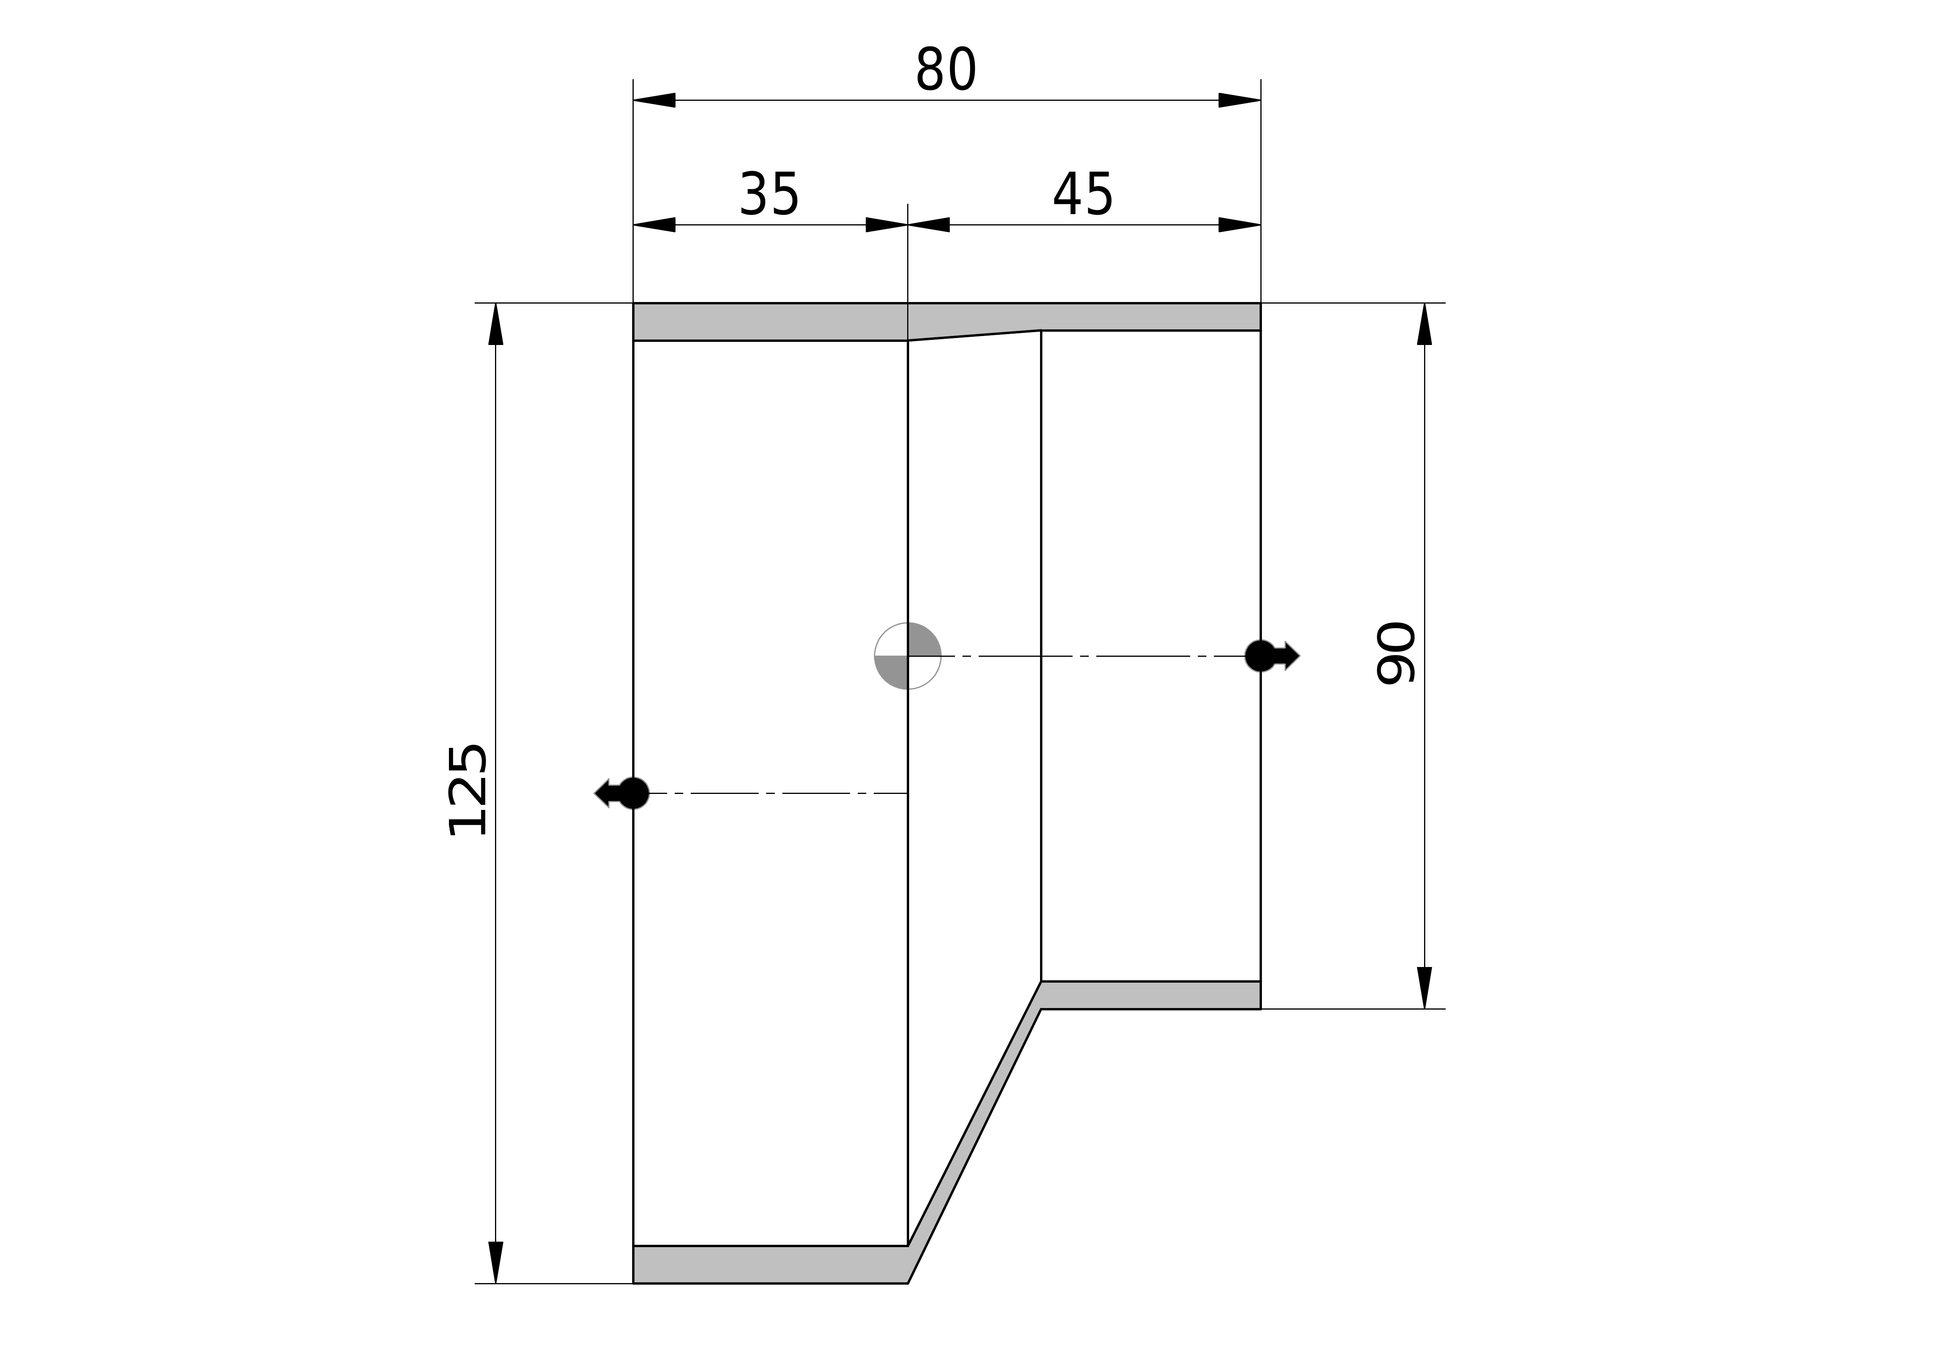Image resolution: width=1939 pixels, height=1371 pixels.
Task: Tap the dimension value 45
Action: pyautogui.click(x=1083, y=194)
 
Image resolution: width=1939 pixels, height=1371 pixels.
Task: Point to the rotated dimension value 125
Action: pyautogui.click(x=467, y=790)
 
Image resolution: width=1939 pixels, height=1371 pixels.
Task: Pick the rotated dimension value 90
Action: pyautogui.click(x=1396, y=653)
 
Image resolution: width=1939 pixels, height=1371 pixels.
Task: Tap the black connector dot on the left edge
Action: pyautogui.click(x=633, y=793)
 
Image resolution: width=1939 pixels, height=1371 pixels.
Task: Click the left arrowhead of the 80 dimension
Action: pyautogui.click(x=654, y=100)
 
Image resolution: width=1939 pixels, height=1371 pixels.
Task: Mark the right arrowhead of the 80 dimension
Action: pyautogui.click(x=1240, y=100)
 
